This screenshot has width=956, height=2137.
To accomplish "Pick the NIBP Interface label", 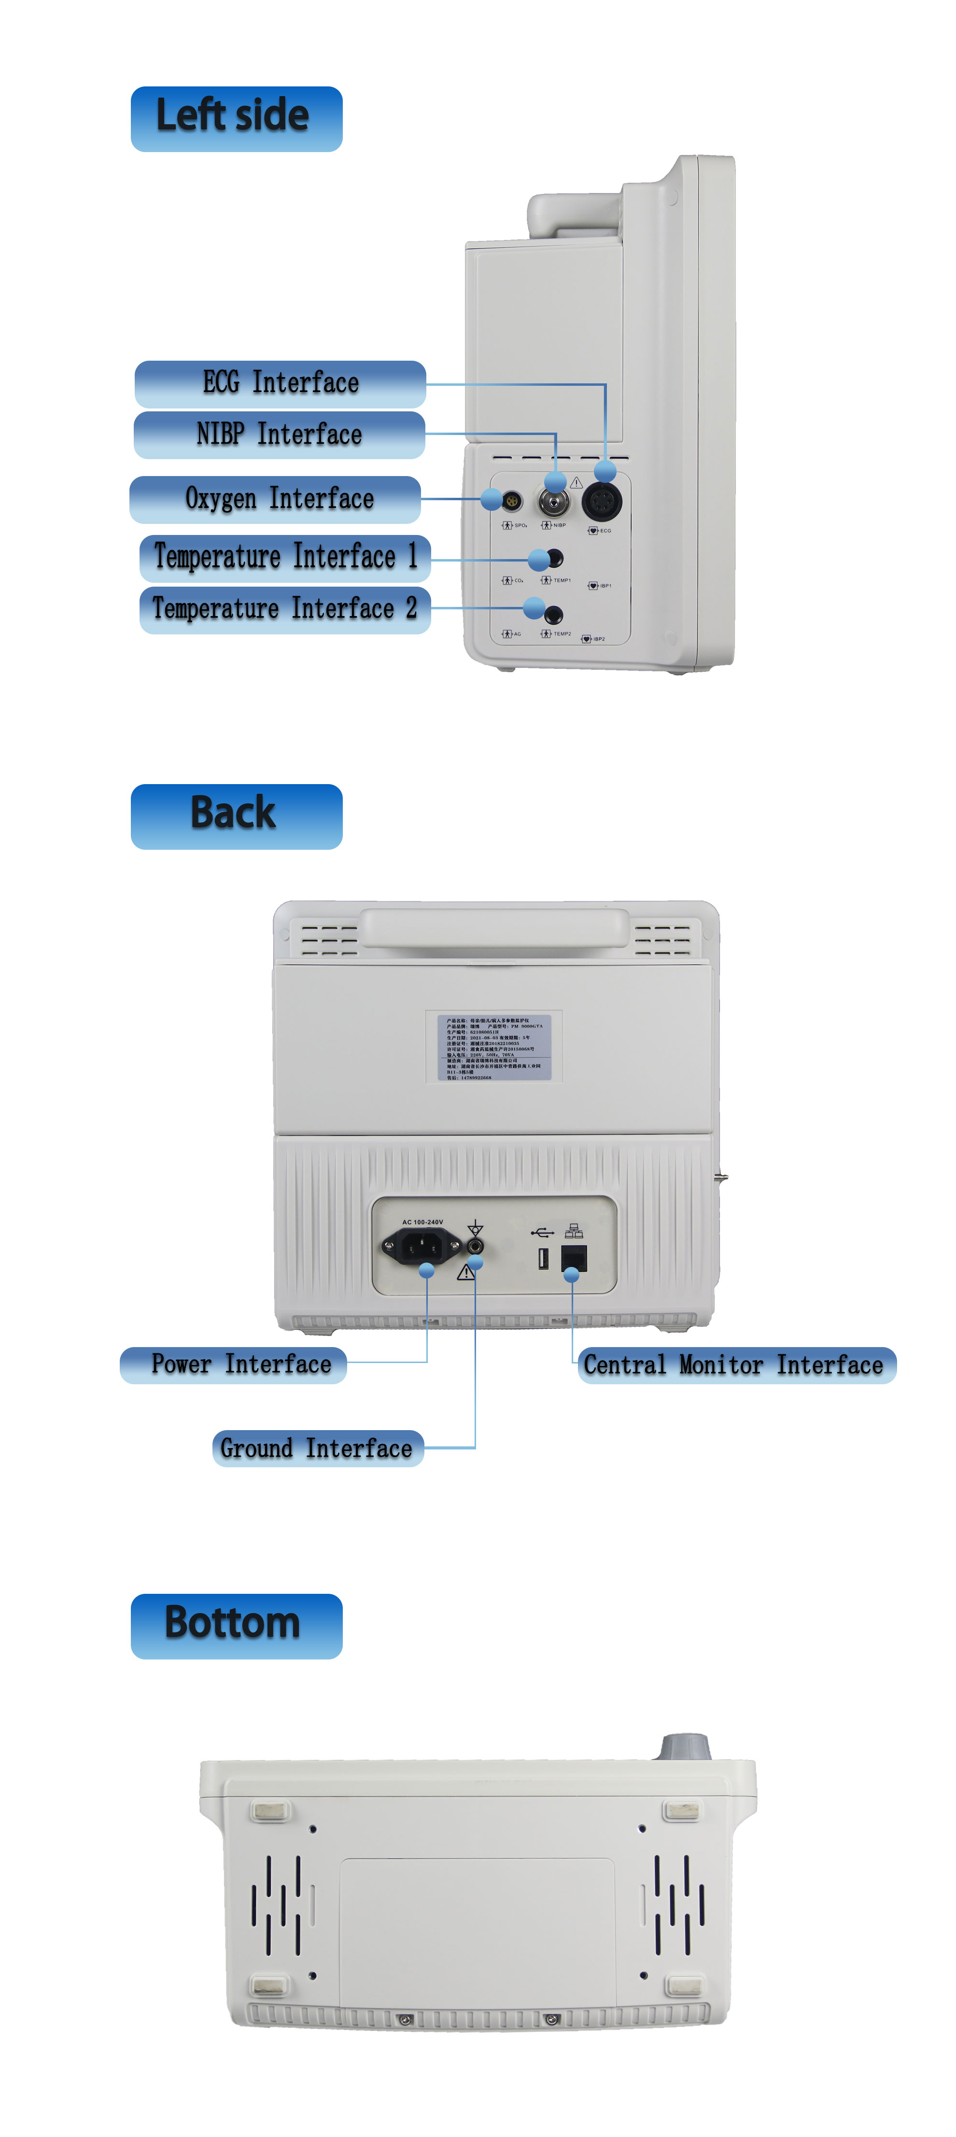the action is pos(279,434).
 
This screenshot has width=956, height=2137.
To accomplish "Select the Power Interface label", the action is pos(233,1364).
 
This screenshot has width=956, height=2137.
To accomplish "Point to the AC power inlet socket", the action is pos(422,1244).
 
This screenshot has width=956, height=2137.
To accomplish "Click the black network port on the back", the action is pos(574,1258).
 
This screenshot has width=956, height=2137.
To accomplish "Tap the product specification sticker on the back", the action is pos(494,1047).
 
